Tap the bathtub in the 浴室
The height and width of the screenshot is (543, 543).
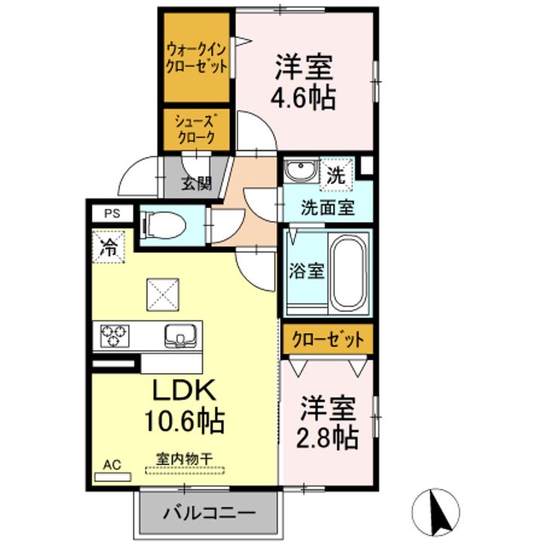click(x=348, y=271)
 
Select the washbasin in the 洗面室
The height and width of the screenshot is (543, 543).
click(x=301, y=170)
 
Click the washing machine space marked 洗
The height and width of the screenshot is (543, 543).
click(x=336, y=174)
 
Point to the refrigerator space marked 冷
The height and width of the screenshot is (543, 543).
click(x=109, y=247)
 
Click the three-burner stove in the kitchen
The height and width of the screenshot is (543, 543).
click(x=115, y=336)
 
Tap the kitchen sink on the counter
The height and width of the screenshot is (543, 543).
click(x=180, y=335)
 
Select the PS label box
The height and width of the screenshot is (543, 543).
click(x=112, y=213)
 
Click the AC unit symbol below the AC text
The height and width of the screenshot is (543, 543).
click(x=113, y=477)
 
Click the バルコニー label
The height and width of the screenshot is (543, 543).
click(x=210, y=513)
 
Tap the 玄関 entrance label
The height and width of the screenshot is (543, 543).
click(x=196, y=183)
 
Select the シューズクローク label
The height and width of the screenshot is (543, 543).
click(x=196, y=129)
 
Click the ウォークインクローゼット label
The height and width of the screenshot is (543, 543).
click(x=196, y=58)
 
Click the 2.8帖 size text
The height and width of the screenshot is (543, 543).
click(x=327, y=437)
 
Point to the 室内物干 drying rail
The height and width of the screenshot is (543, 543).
click(x=185, y=471)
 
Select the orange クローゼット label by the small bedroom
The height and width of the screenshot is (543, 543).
click(x=327, y=339)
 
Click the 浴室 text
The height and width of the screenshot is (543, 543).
click(x=307, y=271)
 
